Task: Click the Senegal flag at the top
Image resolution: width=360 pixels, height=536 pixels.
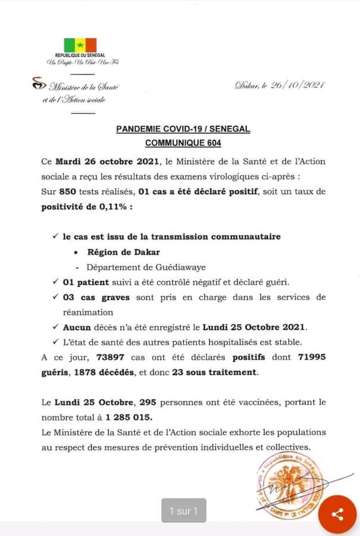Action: tap(80, 45)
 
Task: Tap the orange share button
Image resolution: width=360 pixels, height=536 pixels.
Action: tap(337, 513)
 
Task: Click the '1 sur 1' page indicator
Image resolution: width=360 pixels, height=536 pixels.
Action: tap(183, 510)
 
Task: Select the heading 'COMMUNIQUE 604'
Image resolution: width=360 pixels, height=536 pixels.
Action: tap(183, 143)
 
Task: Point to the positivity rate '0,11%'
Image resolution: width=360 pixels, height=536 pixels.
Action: tap(111, 207)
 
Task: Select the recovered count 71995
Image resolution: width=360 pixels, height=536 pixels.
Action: tap(307, 357)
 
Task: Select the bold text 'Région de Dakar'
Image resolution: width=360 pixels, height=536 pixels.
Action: tap(123, 252)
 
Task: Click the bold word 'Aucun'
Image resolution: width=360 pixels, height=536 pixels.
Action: tap(78, 326)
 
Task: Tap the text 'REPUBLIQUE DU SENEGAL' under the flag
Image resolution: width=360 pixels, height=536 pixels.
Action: tap(80, 55)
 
